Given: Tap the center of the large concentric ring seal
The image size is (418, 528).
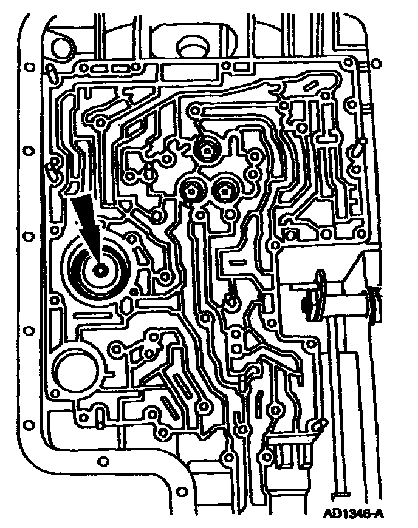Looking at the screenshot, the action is click(x=98, y=267).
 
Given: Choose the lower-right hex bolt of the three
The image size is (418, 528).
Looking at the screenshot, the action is click(x=226, y=192).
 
